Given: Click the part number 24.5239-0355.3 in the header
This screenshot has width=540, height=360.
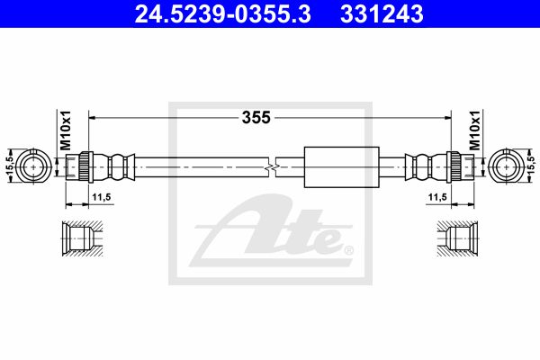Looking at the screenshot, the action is click(223, 14).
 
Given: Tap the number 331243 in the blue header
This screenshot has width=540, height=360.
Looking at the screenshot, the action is click(382, 14).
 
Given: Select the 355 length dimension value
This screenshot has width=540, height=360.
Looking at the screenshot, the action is click(256, 118).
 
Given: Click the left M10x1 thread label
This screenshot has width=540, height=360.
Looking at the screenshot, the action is click(66, 130).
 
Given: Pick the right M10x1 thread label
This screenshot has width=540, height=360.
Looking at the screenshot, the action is click(475, 130).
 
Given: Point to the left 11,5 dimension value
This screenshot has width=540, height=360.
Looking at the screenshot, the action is click(101, 197).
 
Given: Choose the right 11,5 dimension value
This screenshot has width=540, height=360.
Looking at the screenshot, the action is click(437, 197).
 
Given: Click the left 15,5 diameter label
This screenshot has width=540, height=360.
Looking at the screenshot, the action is click(10, 166).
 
